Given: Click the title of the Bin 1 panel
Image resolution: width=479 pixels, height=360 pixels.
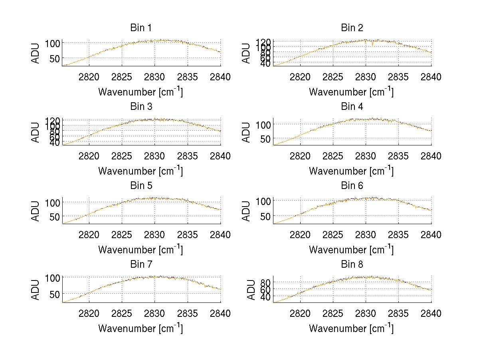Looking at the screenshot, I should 141,28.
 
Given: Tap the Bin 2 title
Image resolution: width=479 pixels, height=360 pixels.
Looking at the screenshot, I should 352,28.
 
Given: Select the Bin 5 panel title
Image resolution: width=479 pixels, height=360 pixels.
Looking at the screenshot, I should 141,186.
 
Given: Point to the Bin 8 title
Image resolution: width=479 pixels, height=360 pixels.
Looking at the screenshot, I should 352,265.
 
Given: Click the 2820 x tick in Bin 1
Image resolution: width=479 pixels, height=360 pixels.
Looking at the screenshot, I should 89,77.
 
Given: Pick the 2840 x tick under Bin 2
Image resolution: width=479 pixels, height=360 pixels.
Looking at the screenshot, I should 431,77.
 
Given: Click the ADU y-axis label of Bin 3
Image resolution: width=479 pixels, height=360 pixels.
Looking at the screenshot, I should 36,132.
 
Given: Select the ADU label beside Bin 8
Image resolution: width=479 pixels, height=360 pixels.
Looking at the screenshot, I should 251,290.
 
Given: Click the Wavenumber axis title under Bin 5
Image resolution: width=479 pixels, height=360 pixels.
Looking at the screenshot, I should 141,250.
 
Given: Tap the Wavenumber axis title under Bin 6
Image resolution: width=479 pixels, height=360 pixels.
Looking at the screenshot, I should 351,250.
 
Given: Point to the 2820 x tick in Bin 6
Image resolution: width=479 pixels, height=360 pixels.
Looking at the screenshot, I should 300,235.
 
